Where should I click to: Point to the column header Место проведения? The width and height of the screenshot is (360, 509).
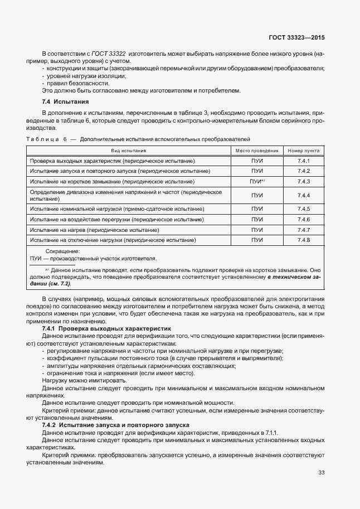click(257, 151)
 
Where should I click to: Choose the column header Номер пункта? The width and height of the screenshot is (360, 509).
click(304, 151)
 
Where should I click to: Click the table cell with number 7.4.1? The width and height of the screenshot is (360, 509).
click(304, 161)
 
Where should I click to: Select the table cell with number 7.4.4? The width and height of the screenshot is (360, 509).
click(304, 195)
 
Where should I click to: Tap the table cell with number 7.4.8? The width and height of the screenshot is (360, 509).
click(304, 240)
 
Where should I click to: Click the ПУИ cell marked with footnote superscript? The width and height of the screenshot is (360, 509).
click(257, 182)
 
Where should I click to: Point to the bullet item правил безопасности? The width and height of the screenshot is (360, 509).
click(77, 83)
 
